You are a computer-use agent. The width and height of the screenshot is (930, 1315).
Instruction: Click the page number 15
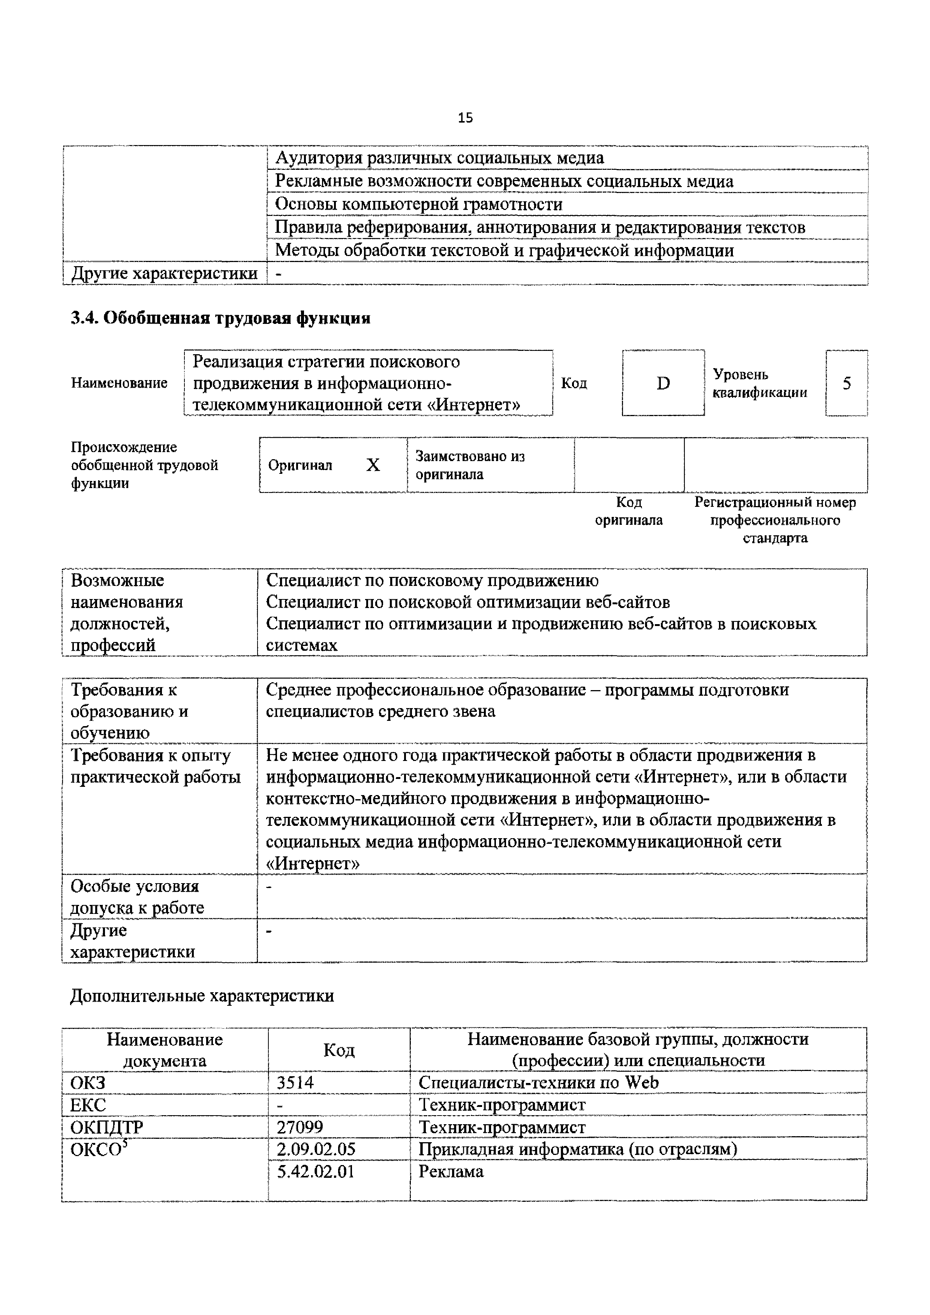pos(465,118)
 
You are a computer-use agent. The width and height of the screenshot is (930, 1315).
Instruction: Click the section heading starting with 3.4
pos(220,318)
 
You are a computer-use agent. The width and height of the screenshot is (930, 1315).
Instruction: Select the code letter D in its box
pos(663,383)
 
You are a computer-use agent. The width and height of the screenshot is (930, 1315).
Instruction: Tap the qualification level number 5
pos(846,383)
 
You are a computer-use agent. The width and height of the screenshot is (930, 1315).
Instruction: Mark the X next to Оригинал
pos(373,465)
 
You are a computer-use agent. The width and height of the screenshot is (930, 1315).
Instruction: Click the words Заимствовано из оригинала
pos(470,465)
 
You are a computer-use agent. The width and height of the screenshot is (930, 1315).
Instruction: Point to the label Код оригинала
pos(629,511)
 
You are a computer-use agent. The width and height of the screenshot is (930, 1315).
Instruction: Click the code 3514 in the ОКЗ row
pos(295,1083)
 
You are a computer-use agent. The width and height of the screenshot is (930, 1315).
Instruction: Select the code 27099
pos(300,1127)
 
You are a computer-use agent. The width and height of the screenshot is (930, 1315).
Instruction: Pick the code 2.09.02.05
pos(316,1149)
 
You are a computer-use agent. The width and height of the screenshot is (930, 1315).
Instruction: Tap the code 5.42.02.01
pos(316,1171)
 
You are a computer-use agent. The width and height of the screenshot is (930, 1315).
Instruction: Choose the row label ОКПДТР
pos(106,1127)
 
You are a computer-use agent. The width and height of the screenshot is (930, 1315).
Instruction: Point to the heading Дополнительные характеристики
pos(202,995)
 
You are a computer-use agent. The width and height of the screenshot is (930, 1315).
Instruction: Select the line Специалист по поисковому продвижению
pos(432,580)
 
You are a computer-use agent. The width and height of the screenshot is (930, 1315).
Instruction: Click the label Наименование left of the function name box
pos(119,383)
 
